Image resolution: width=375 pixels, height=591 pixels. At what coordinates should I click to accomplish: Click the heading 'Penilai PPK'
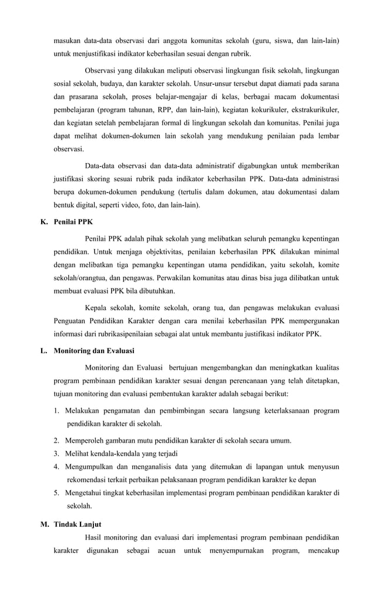click(x=73, y=222)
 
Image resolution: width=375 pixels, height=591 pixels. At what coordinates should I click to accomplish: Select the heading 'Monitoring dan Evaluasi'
click(x=93, y=351)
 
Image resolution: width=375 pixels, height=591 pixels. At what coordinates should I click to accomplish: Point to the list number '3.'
click(x=56, y=453)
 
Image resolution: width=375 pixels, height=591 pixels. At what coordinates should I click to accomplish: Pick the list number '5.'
click(x=56, y=493)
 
